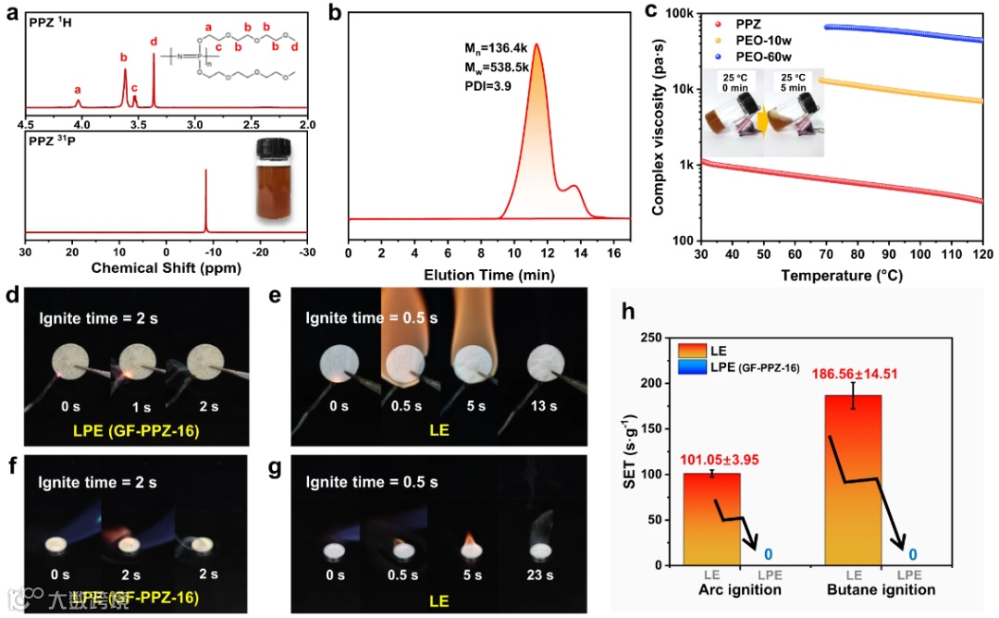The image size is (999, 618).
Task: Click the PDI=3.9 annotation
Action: [495, 85]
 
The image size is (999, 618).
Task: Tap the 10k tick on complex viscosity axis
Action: [683, 89]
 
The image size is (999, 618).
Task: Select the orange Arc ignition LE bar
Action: [712, 518]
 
